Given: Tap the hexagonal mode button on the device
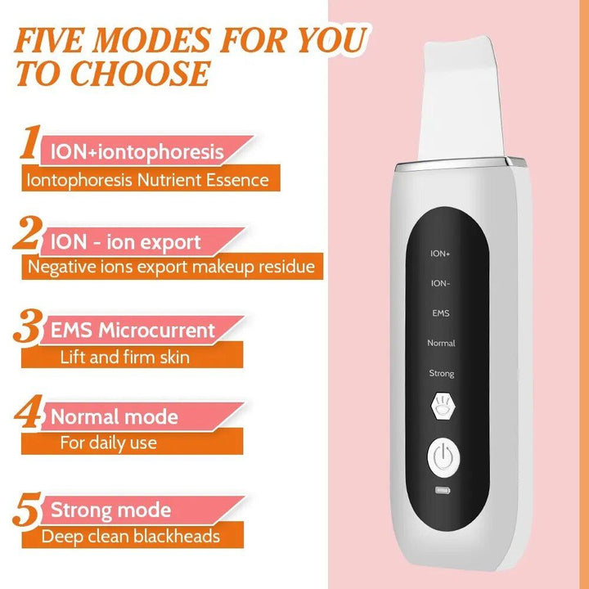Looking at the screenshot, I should [442, 407].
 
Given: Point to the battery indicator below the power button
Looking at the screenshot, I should [442, 492].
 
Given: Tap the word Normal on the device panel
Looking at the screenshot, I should [442, 343].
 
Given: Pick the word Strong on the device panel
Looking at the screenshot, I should [442, 373].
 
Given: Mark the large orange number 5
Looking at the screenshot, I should [28, 509].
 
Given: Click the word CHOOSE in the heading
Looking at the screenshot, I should [139, 73].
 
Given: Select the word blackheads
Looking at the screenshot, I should [177, 537].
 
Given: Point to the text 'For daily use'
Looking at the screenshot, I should [109, 443].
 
